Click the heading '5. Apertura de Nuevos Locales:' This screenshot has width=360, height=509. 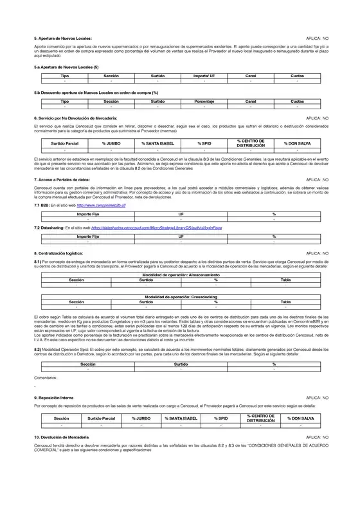pyautogui.click(x=64, y=39)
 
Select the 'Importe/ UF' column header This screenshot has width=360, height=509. pyautogui.click(x=204, y=76)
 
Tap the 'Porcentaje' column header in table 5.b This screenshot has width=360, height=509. pyautogui.click(x=204, y=101)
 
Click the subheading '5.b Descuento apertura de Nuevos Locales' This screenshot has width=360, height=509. pyautogui.click(x=96, y=93)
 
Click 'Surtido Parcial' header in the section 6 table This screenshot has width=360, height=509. pyautogui.click(x=65, y=144)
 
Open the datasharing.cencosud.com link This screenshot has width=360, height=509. pyautogui.click(x=157, y=228)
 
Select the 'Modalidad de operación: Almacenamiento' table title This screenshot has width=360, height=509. pyautogui.click(x=180, y=275)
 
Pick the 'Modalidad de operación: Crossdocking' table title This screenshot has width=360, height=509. pyautogui.click(x=180, y=296)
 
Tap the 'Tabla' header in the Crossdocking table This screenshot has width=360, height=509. pyautogui.click(x=285, y=301)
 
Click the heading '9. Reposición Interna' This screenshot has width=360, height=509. pyautogui.click(x=58, y=398)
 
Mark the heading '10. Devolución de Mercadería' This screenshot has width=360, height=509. pyautogui.click(x=66, y=437)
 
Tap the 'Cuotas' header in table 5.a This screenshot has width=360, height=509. pyautogui.click(x=298, y=76)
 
